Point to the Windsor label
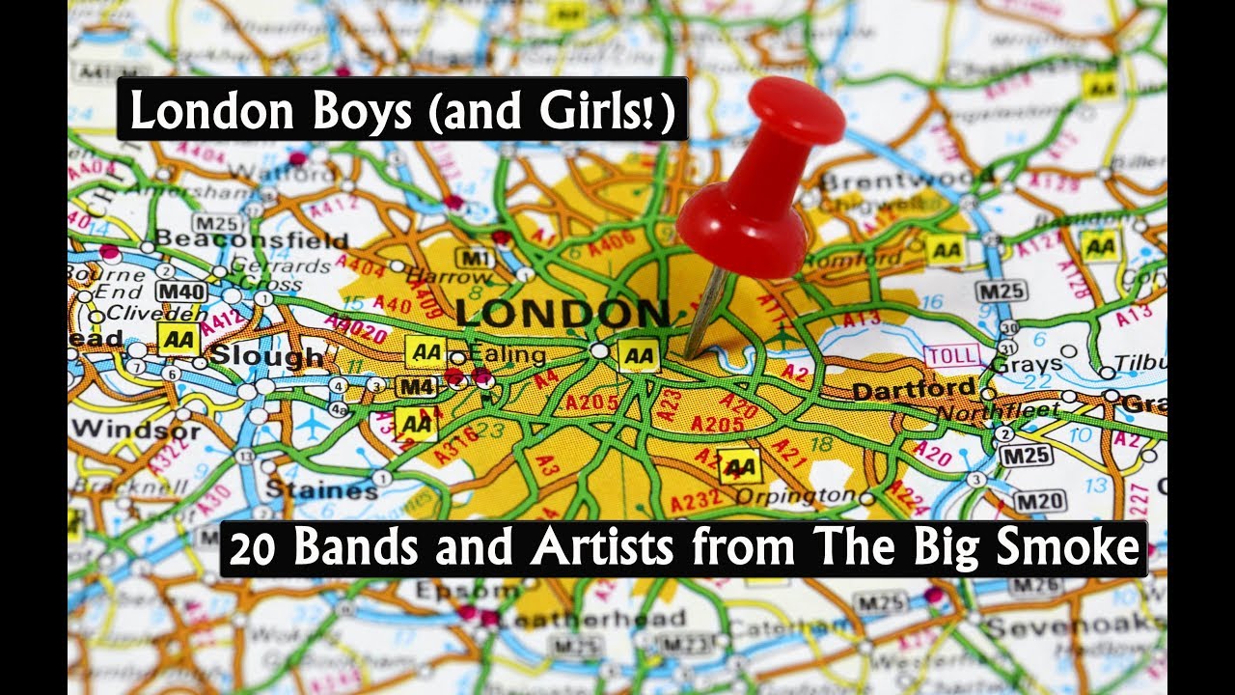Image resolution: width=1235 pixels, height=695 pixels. click(136, 429)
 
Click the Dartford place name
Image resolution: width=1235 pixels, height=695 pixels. click(914, 390)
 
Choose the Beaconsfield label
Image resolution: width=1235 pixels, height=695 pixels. click(251, 238)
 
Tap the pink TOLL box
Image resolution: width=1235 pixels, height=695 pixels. click(953, 354)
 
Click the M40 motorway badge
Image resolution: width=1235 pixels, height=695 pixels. click(180, 291)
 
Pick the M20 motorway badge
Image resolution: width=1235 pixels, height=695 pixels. click(1040, 500)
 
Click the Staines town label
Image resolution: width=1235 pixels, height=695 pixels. click(321, 489)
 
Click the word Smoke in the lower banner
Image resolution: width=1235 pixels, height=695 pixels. click(1084, 548)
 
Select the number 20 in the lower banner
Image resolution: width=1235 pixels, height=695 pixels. click(256, 548)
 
